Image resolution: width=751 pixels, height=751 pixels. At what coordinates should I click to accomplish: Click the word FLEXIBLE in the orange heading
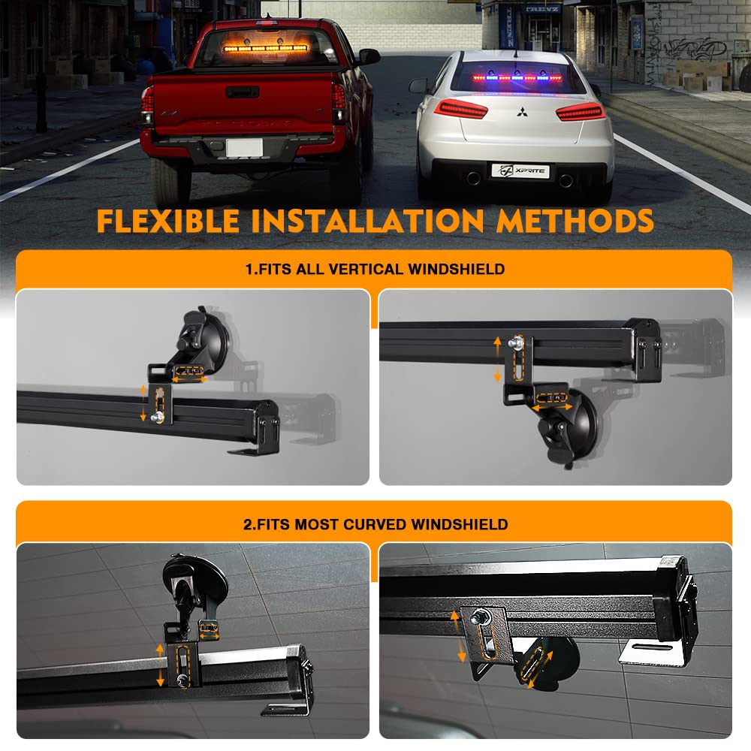[167, 221]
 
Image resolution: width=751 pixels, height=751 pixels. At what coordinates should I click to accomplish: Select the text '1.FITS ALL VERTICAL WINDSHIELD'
[375, 269]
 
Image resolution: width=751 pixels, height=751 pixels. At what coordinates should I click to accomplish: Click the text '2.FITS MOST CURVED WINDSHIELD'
[375, 524]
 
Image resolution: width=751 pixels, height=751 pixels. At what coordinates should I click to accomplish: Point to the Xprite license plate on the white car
[520, 171]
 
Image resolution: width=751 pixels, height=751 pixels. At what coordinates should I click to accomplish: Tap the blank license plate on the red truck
[244, 147]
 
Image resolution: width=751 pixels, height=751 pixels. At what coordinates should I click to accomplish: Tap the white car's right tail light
[580, 112]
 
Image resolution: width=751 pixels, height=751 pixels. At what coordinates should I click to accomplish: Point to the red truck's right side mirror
[369, 56]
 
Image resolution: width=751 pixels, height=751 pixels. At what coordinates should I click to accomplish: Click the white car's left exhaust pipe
[472, 178]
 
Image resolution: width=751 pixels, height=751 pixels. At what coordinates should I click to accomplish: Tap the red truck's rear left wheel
[166, 179]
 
